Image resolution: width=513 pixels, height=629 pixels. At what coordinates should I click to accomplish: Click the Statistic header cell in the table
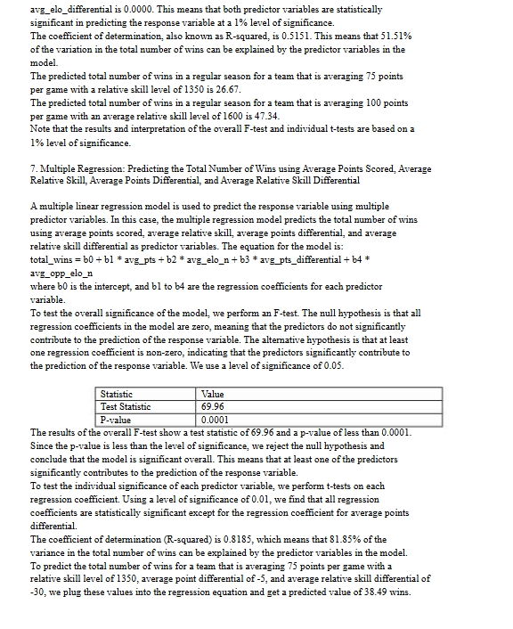coord(117,394)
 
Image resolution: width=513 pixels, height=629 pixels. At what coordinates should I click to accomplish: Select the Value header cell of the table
coord(214,394)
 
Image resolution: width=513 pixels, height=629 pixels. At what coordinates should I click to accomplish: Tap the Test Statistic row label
coord(126,406)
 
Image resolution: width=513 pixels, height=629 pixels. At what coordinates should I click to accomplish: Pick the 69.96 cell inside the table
coord(214,406)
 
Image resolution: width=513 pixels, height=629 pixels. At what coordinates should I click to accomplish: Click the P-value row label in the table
coord(115,419)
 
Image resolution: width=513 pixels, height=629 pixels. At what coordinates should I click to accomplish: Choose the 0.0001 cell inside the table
coord(216,419)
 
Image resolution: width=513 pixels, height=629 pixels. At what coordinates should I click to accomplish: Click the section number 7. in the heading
coord(34,168)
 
